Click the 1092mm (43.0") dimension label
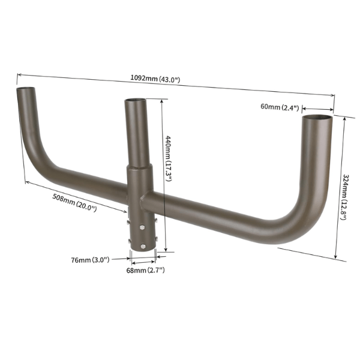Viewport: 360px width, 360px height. [155, 79]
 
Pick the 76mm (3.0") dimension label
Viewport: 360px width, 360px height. [89, 260]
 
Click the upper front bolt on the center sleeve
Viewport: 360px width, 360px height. [143, 227]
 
